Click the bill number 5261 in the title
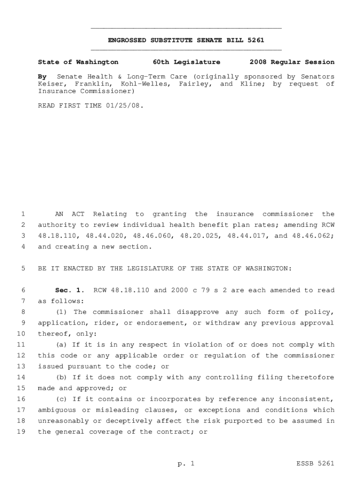[256, 40]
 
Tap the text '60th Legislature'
[187, 62]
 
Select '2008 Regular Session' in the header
[292, 62]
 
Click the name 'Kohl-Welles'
[140, 84]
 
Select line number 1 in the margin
[22, 214]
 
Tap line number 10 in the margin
[21, 334]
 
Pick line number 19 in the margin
[21, 432]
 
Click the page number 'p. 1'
[186, 464]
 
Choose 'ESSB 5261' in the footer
[316, 464]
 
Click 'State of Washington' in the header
[78, 62]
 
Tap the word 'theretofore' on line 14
[313, 377]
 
